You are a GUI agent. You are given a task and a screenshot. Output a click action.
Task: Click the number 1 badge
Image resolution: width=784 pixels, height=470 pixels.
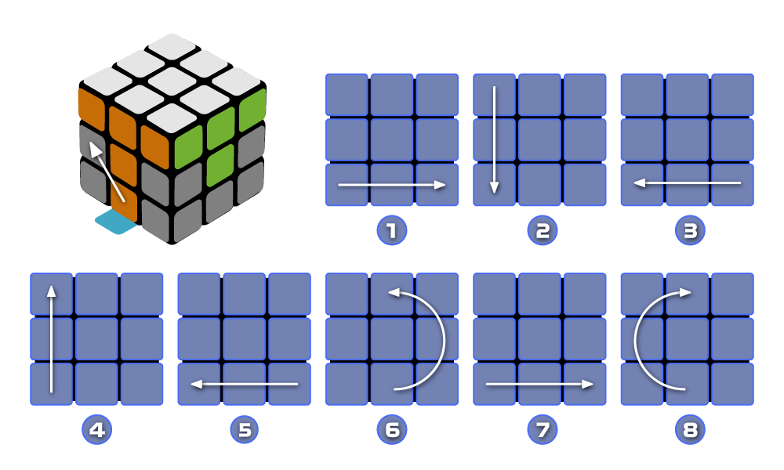392,230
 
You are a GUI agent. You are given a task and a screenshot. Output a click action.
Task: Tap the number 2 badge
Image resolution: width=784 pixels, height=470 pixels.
539,230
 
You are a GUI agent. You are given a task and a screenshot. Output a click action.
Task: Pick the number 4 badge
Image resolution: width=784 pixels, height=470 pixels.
96,429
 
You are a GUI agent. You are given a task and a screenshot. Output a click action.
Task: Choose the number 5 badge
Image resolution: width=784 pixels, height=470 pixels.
245,429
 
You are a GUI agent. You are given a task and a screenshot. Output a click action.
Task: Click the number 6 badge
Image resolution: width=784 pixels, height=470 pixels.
392,429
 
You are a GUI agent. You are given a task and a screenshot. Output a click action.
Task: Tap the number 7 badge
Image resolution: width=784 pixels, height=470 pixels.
539,429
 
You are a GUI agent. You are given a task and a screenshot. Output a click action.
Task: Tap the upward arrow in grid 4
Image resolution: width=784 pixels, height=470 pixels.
51,338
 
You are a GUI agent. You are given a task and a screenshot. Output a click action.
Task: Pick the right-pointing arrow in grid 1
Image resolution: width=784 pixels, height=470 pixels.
392,185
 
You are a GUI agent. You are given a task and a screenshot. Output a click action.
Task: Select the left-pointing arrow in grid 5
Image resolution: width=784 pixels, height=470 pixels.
245,384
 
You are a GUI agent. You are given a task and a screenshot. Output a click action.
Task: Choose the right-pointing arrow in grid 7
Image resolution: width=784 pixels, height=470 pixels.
539,384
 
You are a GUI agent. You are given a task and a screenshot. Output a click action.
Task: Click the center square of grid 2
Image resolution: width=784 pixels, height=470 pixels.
539,139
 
